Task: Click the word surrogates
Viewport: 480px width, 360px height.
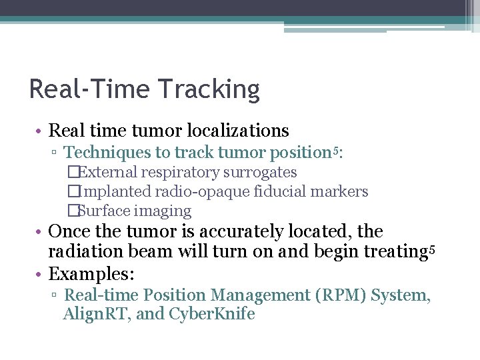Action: click(260, 173)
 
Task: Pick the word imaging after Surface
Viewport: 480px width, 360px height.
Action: click(163, 211)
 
